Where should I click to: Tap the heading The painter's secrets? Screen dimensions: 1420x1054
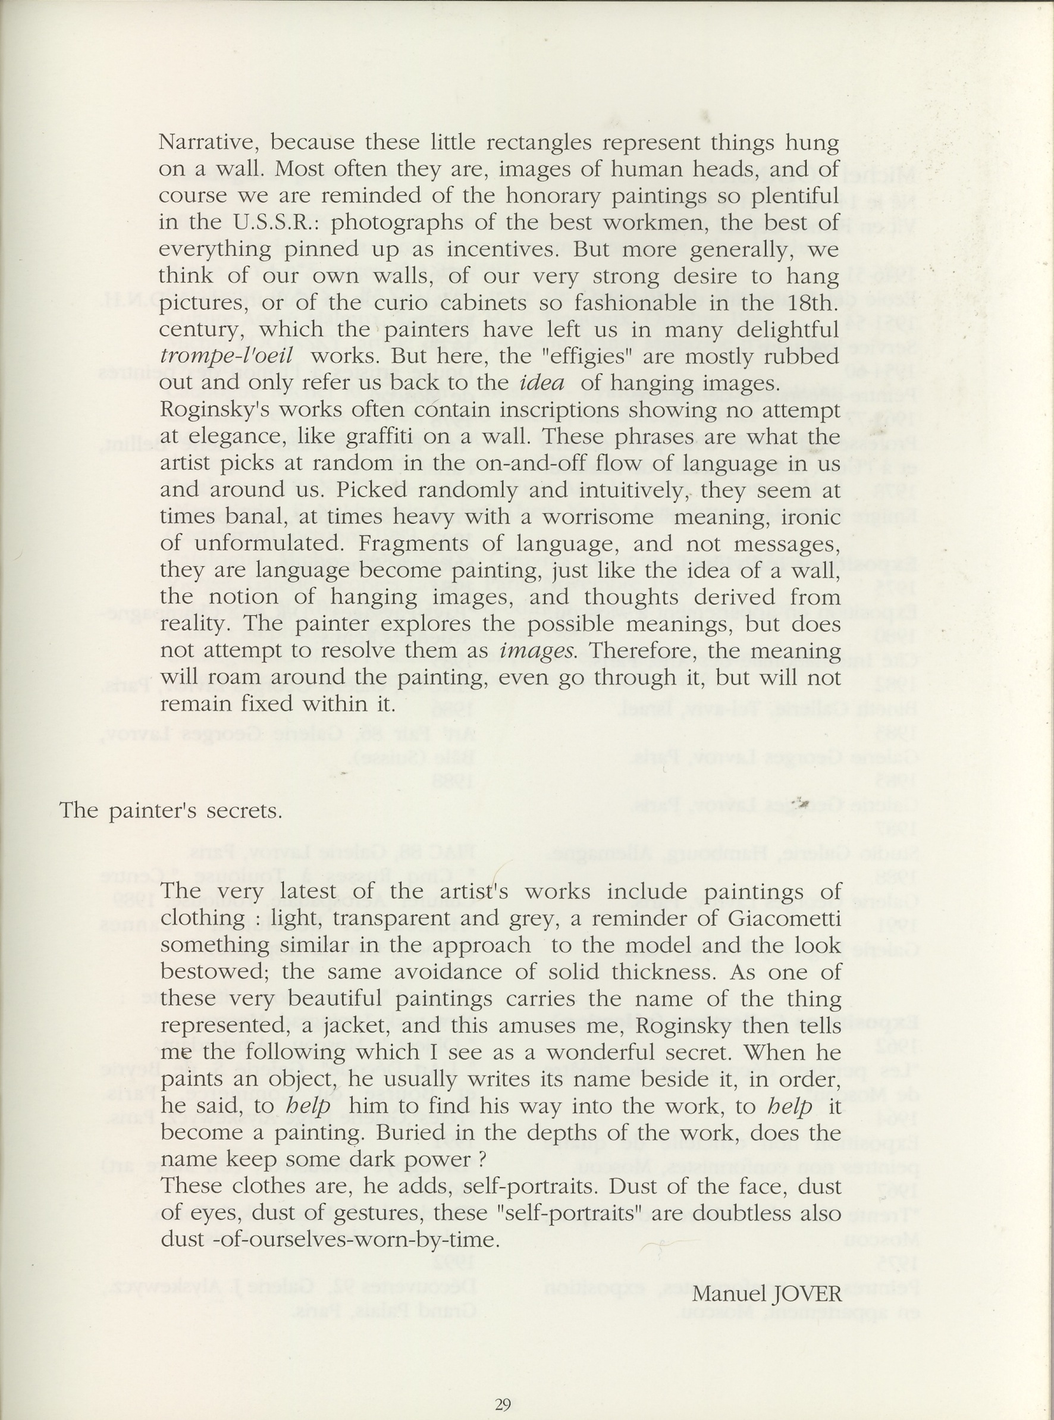(170, 811)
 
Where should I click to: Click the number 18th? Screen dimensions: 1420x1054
(811, 302)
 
